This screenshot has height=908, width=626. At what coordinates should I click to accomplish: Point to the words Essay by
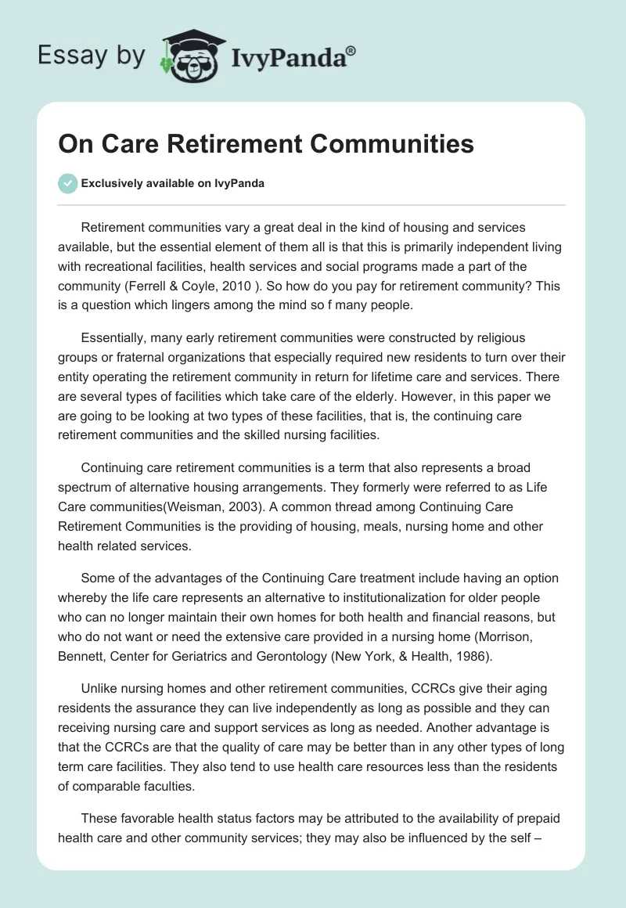coord(92,56)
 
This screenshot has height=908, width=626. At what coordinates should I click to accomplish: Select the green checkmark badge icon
coord(67,183)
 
